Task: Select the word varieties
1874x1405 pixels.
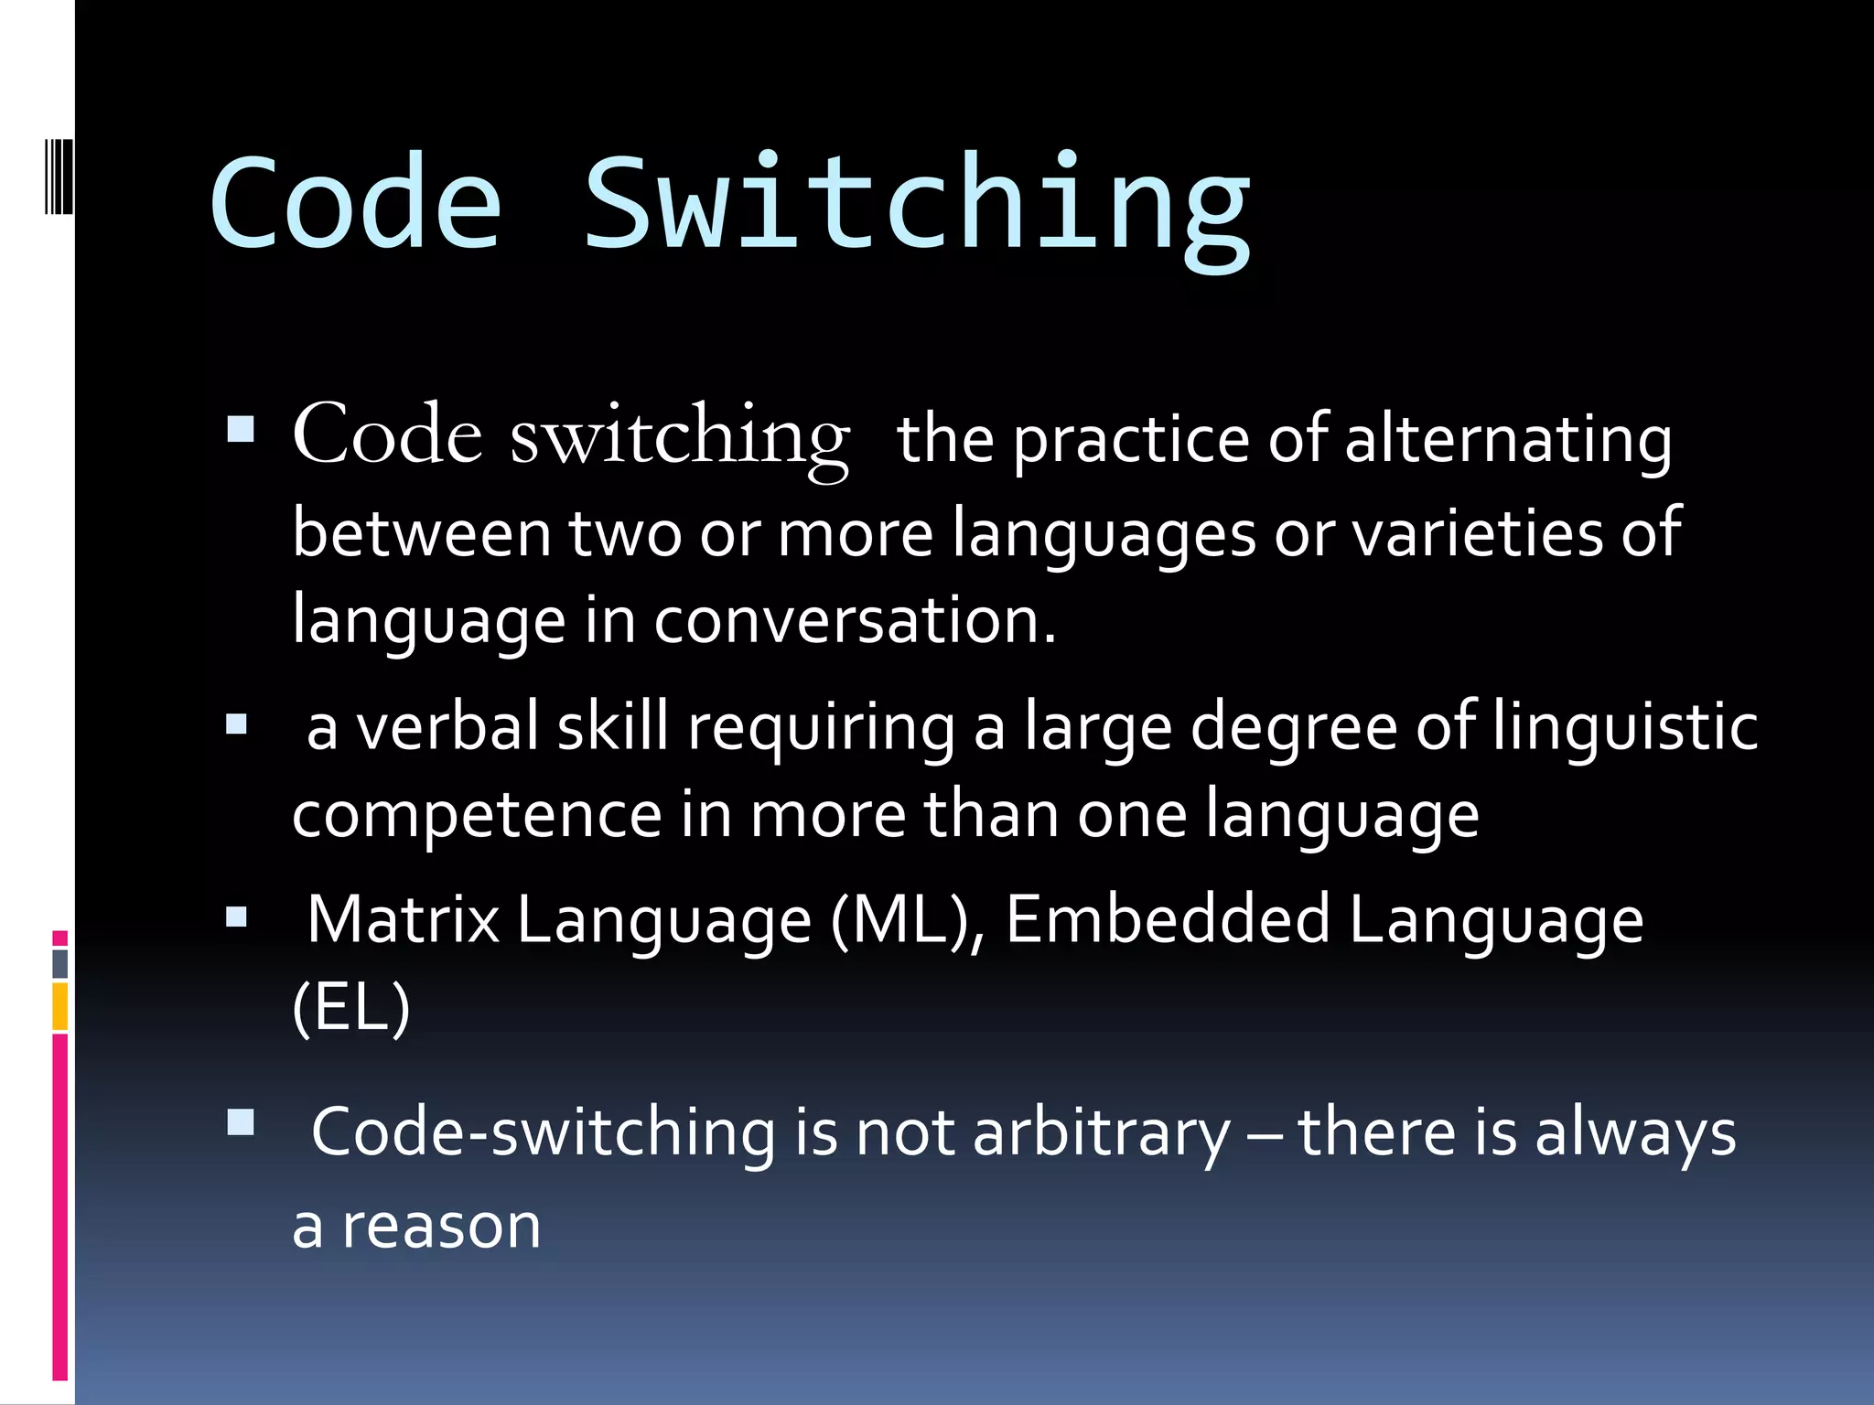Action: coord(1478,532)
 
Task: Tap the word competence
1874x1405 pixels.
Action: coord(476,815)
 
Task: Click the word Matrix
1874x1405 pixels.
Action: coord(404,920)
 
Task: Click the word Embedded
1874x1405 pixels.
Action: coord(1168,920)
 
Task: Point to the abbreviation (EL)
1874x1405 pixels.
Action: coord(351,1008)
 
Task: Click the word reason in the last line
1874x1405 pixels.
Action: coord(441,1227)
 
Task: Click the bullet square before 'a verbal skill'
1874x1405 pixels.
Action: coord(237,725)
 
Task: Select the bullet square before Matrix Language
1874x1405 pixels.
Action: coord(237,917)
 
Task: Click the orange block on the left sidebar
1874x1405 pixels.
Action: coord(60,1006)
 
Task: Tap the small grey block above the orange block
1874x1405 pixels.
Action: coord(60,963)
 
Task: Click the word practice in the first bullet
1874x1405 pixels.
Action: coord(1131,441)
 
